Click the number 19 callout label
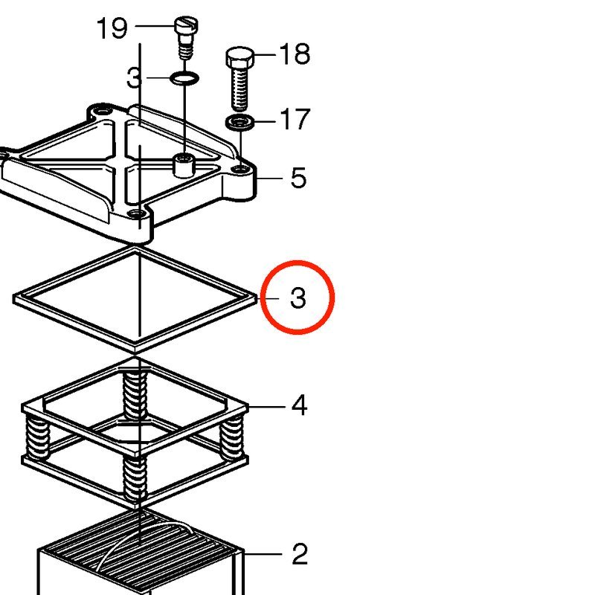112,28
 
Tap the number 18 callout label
295,54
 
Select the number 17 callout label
295,119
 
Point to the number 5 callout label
298,178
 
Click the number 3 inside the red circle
298,297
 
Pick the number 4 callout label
299,405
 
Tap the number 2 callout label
300,554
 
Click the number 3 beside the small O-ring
135,78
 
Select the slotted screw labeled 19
186,38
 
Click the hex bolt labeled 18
239,78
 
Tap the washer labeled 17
239,122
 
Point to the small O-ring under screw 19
184,79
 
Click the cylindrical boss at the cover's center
184,165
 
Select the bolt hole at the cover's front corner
136,214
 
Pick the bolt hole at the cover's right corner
239,168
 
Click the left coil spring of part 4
38,437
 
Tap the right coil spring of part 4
232,437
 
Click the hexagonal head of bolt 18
239,57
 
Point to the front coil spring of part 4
135,478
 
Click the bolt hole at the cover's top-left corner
102,112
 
